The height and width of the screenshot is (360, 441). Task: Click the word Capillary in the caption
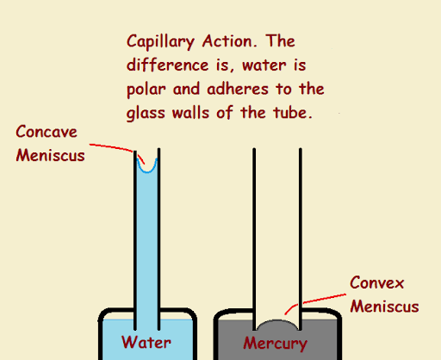(x=160, y=42)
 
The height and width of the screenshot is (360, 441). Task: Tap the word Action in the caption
(x=229, y=41)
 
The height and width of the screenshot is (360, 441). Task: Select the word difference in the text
(x=167, y=65)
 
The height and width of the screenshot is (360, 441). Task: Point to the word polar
(x=146, y=90)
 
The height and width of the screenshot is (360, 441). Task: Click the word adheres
(x=238, y=89)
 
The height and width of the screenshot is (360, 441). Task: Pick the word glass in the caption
(x=146, y=114)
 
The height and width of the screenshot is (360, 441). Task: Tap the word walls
(x=190, y=113)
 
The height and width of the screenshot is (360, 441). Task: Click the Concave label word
(x=47, y=132)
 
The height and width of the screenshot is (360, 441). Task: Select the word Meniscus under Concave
(x=50, y=155)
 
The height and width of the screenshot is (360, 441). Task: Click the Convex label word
(x=376, y=282)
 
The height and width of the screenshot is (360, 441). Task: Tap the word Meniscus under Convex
(x=384, y=306)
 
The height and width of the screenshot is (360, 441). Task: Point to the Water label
(x=146, y=342)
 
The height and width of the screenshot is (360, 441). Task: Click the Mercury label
(x=275, y=344)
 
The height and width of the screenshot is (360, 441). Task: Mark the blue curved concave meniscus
(x=147, y=171)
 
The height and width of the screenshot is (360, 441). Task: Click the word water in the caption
(x=264, y=65)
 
